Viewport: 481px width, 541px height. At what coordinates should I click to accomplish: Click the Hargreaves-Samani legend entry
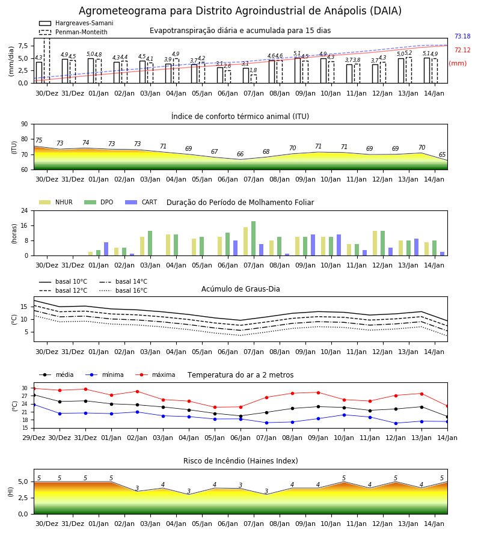pos(76,23)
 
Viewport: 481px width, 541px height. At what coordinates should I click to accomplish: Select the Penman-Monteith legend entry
pos(73,32)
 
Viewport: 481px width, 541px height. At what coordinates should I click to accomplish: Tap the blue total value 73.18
pos(462,36)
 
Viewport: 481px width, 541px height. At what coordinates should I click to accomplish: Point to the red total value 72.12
pos(462,50)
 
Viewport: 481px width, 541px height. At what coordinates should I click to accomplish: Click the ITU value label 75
pos(38,140)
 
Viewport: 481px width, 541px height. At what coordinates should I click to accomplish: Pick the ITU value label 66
pos(240,154)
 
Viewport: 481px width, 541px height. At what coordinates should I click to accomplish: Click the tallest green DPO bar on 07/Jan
pos(254,239)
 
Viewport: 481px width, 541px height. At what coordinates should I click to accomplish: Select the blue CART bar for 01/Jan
pos(106,249)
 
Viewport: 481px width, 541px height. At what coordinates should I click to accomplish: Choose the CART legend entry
pos(141,202)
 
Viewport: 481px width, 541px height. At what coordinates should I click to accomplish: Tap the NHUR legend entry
pos(55,202)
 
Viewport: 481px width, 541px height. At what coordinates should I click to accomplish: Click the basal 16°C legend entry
pos(123,290)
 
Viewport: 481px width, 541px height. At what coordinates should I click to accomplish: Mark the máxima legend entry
pos(155,374)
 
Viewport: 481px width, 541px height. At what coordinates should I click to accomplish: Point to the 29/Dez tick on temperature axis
pos(34,438)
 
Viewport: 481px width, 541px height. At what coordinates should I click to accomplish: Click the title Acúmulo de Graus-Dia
pos(240,289)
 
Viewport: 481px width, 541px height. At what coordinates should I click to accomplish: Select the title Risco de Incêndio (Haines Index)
pos(240,460)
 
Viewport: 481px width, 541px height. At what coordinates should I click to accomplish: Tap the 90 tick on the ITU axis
pos(24,124)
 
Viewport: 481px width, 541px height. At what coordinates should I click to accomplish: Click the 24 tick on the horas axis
pos(24,210)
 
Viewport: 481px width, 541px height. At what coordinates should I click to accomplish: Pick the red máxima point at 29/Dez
pos(34,388)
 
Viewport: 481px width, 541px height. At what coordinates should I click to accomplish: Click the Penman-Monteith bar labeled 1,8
pos(254,79)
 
